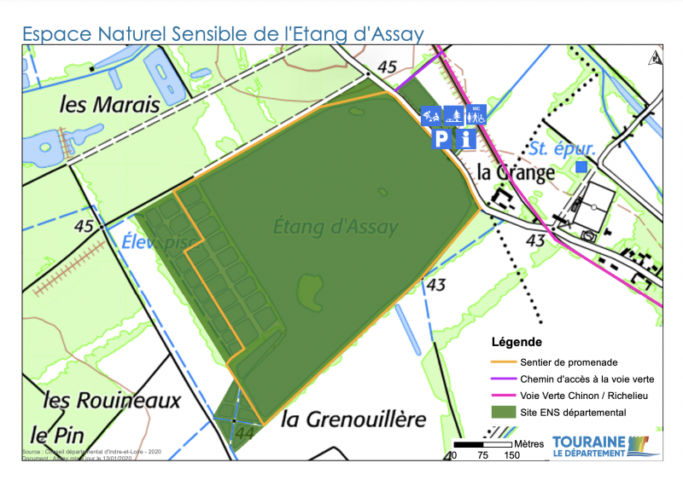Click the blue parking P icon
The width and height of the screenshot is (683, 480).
coord(441,139)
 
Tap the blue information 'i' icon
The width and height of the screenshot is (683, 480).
coord(465,139)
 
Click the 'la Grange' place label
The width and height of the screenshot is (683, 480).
coord(516,171)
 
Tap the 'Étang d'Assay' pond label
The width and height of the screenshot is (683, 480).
coord(336,227)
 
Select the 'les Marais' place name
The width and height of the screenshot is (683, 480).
coord(110,105)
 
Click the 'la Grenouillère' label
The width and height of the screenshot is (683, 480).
coord(353,419)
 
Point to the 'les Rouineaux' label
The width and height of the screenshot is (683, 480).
coord(112,400)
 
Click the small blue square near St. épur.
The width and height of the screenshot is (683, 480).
coord(581,167)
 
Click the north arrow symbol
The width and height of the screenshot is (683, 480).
coord(655,58)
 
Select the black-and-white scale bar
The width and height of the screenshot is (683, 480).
coord(483,444)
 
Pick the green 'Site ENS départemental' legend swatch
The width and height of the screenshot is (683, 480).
coord(503,413)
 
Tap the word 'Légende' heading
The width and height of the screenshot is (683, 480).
coord(517,343)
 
